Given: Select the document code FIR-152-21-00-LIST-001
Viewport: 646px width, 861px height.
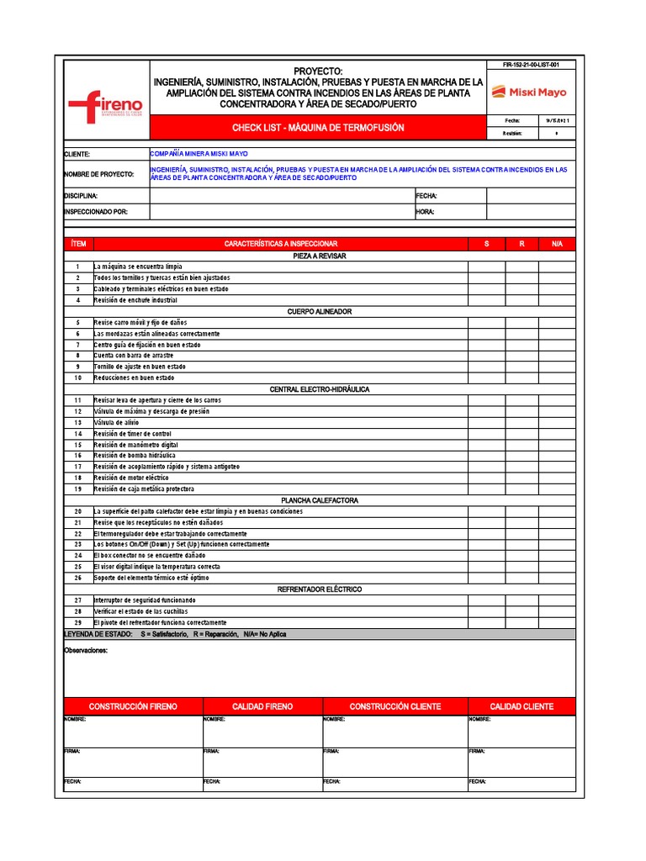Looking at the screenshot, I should pyautogui.click(x=531, y=65).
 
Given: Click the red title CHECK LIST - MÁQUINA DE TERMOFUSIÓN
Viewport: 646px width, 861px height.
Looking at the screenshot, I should pyautogui.click(x=318, y=128).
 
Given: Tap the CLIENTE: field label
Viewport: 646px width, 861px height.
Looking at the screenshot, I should pyautogui.click(x=77, y=155).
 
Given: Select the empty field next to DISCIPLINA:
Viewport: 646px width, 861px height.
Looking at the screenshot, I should pyautogui.click(x=281, y=196).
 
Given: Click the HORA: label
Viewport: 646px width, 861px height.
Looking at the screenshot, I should pyautogui.click(x=425, y=212).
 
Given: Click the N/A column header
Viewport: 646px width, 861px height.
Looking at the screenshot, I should pyautogui.click(x=557, y=244).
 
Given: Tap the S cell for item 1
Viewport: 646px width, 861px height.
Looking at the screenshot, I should pyautogui.click(x=486, y=266).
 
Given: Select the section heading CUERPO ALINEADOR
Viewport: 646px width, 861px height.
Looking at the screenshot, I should pyautogui.click(x=319, y=311).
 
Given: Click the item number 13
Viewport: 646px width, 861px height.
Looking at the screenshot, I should pyautogui.click(x=77, y=422).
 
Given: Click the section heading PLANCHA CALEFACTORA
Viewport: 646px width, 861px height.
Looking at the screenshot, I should pyautogui.click(x=319, y=500).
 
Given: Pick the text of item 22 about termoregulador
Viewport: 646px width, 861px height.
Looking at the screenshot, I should pyautogui.click(x=171, y=534).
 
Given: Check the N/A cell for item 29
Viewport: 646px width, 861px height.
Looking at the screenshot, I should pyautogui.click(x=557, y=622).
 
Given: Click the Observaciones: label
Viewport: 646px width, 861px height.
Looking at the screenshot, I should pyautogui.click(x=86, y=650).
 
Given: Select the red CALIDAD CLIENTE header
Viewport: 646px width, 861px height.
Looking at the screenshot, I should pyautogui.click(x=522, y=706).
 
